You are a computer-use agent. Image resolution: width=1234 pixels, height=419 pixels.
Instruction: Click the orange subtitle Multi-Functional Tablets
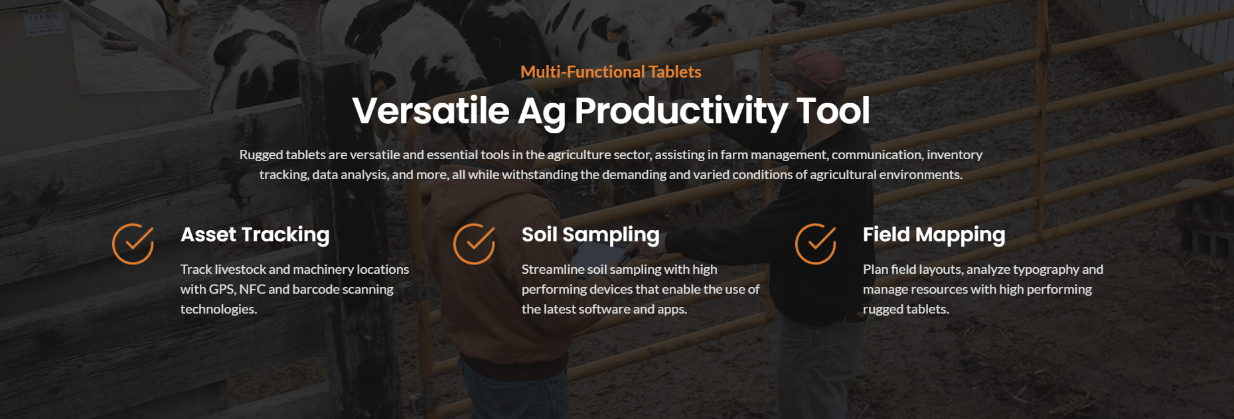611,72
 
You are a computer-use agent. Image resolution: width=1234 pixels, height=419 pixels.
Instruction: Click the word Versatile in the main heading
431,110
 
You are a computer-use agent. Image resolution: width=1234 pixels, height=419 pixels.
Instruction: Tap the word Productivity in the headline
680,111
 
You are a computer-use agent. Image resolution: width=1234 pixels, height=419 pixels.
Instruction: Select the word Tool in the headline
833,110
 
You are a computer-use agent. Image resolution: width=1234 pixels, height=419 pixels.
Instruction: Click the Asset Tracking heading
255,235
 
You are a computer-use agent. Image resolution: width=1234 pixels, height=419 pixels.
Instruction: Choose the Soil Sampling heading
591,235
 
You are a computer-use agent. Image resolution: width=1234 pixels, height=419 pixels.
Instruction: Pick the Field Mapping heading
934,235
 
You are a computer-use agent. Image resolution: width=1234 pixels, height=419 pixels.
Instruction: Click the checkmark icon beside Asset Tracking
133,243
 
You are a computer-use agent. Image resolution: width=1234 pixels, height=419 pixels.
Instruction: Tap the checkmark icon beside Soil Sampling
475,243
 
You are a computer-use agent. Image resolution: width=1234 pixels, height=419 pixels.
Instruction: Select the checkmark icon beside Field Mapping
816,243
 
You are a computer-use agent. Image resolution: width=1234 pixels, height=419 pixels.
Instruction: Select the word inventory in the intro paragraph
955,155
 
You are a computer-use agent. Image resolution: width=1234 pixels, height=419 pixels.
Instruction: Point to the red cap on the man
814,62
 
